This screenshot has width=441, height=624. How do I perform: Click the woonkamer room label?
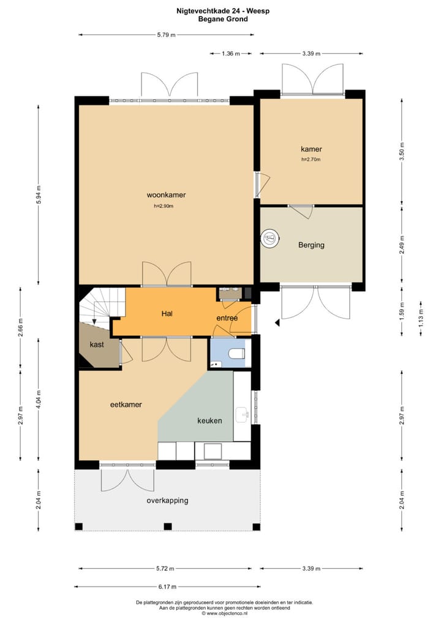(x=166, y=194)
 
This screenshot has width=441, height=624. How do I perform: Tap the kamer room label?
(x=311, y=149)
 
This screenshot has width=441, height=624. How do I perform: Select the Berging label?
(x=311, y=245)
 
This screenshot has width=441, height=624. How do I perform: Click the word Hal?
(x=167, y=314)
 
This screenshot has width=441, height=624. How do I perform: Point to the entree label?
(x=227, y=318)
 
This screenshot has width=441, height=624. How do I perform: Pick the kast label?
(x=97, y=344)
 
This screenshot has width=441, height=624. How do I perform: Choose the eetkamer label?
(x=126, y=405)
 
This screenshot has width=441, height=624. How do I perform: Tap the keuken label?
(x=209, y=420)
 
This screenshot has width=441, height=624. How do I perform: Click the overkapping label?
(x=167, y=500)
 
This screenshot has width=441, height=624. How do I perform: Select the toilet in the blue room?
(x=238, y=353)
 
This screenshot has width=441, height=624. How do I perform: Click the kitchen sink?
(x=242, y=415)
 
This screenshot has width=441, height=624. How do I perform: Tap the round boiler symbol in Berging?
(x=270, y=238)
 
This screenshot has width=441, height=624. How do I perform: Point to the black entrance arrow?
(x=277, y=323)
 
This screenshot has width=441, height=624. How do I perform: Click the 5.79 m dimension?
(x=166, y=34)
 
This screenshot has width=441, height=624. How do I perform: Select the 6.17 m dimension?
(x=167, y=586)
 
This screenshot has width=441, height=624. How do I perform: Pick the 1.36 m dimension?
(x=231, y=53)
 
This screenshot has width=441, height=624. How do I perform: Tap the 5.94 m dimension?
(x=38, y=194)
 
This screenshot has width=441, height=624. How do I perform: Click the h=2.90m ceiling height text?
(x=164, y=206)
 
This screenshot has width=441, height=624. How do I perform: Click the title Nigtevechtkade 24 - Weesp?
(x=223, y=11)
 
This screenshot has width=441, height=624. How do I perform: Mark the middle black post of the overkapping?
(x=168, y=527)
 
